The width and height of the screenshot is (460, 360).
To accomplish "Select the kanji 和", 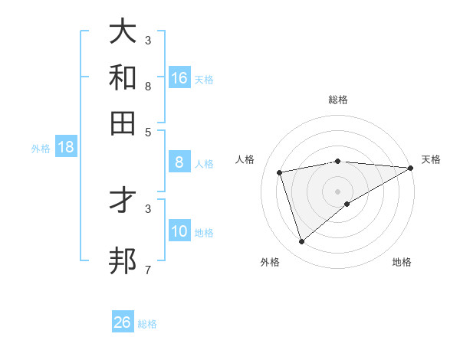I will coord(123,77).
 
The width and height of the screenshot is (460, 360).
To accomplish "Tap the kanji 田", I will coord(123,123).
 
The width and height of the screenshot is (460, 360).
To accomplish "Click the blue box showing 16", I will coord(179,78).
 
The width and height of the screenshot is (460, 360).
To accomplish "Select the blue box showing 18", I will coord(65,147).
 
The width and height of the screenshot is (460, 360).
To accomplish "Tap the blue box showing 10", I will coord(179,231).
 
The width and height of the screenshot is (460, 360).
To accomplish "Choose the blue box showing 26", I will coord(123,322).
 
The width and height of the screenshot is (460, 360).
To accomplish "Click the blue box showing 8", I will coord(179,162).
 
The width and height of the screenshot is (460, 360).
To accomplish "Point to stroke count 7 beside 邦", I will coord(148,270).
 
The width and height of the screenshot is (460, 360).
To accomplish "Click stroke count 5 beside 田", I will coord(148,131).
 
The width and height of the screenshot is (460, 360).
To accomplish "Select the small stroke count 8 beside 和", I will coord(148,86).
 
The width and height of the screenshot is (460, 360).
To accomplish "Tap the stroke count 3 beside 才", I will coord(148,208).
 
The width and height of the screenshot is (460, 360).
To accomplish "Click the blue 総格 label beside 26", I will coord(147,324).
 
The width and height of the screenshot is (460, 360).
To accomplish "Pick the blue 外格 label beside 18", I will coord(41,149).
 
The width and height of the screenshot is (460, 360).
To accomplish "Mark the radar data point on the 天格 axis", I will coord(411,169).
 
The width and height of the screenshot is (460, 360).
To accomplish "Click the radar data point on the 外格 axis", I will coord(302,242).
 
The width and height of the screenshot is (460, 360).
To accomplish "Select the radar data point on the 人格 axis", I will coord(280,172).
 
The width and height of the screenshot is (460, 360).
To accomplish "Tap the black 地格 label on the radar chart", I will coord(402,263).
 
